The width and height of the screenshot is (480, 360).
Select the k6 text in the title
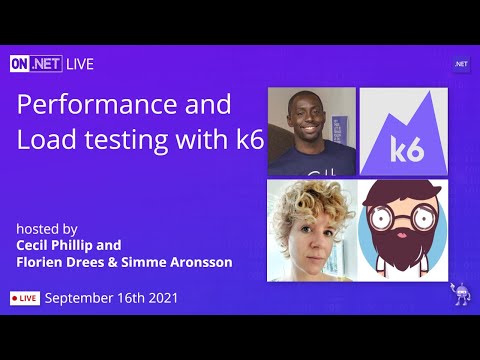pos(245,140)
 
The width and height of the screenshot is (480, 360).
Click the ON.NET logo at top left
pos(36,64)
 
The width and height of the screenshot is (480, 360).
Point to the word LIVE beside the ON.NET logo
pos(81,64)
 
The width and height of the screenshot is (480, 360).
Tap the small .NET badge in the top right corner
pos(461,64)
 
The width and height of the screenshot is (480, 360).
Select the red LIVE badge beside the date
pos(25,298)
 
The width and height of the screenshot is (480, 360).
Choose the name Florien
pos(42,263)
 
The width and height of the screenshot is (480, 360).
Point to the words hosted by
pos(46,228)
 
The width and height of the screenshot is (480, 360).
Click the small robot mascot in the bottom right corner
pos(461,297)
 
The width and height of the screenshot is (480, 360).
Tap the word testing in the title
pos(150,140)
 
